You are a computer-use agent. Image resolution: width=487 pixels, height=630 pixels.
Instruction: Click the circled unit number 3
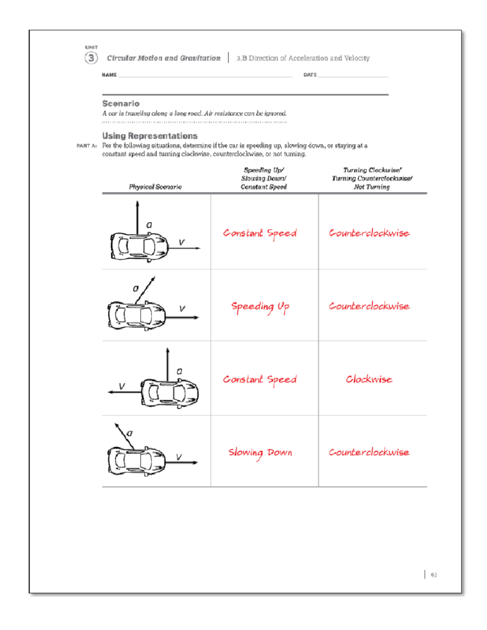pos(91,58)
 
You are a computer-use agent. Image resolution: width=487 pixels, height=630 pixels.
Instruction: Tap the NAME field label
pos(109,75)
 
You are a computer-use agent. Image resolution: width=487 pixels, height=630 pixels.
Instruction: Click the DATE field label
pos(310,75)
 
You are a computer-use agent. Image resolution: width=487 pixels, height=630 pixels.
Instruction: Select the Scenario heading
pos(121,103)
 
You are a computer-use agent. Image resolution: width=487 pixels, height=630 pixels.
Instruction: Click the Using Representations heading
pos(150,136)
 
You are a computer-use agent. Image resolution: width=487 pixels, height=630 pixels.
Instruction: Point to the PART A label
pos(86,146)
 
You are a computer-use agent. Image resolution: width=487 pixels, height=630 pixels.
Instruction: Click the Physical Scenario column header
pos(155,187)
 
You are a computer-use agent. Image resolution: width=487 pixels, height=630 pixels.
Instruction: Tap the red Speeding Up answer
pos(260,307)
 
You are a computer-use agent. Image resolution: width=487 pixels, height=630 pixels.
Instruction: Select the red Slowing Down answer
pos(260,452)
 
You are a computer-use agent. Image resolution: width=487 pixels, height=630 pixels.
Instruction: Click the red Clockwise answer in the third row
pos(369,379)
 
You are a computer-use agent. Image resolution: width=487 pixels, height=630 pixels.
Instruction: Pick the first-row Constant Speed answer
pos(260,233)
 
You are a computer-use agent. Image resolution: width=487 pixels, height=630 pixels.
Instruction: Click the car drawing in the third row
pos(170,393)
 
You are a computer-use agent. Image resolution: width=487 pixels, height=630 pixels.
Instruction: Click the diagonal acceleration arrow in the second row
pos(145,290)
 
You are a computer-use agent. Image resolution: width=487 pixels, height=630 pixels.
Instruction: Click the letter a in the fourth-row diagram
pos(129,433)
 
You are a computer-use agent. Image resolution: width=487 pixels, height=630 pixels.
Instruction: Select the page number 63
pos(434,575)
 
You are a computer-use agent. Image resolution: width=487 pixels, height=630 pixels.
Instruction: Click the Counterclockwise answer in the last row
pos(369,452)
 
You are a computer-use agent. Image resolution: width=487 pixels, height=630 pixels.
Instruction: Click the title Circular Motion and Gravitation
pos(164,58)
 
